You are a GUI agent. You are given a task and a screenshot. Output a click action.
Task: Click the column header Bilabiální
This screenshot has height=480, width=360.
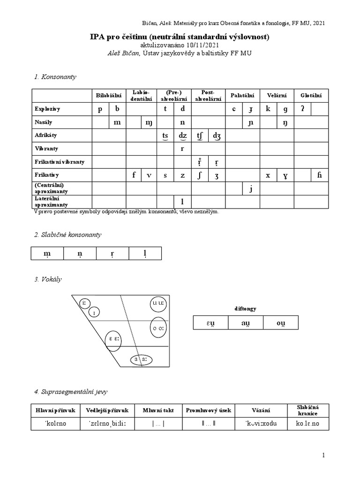(x=109, y=96)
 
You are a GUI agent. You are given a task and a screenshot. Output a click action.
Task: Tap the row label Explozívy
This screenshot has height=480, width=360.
(x=48, y=109)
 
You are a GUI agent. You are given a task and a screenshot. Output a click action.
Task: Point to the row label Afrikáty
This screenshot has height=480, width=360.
(x=46, y=135)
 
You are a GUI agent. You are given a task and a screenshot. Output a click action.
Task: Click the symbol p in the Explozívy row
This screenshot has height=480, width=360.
(x=100, y=109)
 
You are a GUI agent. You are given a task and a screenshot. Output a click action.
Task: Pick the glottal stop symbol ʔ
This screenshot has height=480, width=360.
(x=302, y=109)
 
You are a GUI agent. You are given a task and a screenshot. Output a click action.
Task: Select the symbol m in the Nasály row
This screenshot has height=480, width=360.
(x=117, y=122)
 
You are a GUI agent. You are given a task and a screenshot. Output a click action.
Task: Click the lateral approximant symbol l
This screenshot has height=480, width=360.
(x=182, y=202)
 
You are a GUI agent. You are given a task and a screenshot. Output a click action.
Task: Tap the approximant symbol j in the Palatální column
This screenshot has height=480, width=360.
(x=251, y=188)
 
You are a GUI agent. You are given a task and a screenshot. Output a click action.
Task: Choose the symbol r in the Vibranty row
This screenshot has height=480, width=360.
(x=182, y=148)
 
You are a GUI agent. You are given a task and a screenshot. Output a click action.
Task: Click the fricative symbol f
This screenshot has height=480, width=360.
(x=134, y=175)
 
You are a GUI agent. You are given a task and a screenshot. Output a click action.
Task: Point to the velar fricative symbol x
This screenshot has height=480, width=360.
(x=268, y=175)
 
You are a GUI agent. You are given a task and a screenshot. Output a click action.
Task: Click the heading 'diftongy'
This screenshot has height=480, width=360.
(x=245, y=308)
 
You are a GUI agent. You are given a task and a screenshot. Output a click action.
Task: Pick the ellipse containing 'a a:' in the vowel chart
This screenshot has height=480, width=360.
(x=140, y=360)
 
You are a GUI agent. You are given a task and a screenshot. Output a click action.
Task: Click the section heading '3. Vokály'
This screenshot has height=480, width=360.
(x=48, y=279)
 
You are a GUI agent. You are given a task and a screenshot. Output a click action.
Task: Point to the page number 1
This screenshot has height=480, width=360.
(x=323, y=455)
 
